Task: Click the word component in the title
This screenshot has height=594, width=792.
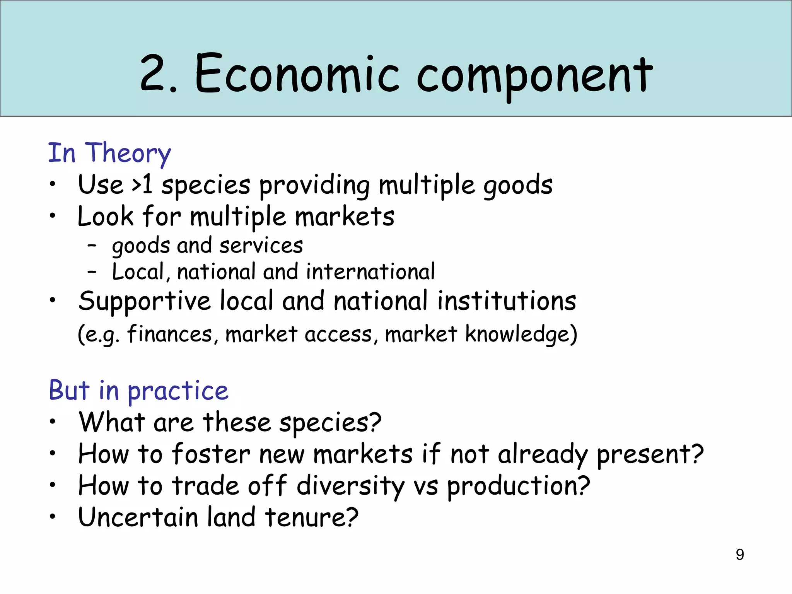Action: pyautogui.click(x=535, y=75)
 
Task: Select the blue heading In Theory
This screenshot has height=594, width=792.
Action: pyautogui.click(x=109, y=153)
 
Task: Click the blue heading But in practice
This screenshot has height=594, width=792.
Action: pyautogui.click(x=138, y=391)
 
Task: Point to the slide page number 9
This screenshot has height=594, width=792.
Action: pyautogui.click(x=739, y=555)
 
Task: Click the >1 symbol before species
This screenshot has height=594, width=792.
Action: pyautogui.click(x=142, y=185)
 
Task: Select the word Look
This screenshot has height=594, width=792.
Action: pyautogui.click(x=105, y=216)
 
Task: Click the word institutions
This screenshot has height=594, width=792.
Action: pyautogui.click(x=507, y=301)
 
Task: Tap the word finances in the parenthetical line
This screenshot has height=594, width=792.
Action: pyautogui.click(x=170, y=334)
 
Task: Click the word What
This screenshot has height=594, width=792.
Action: pyautogui.click(x=112, y=422)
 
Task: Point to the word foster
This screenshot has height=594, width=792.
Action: pyautogui.click(x=211, y=454)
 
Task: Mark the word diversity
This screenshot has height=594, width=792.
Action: pyautogui.click(x=350, y=486)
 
